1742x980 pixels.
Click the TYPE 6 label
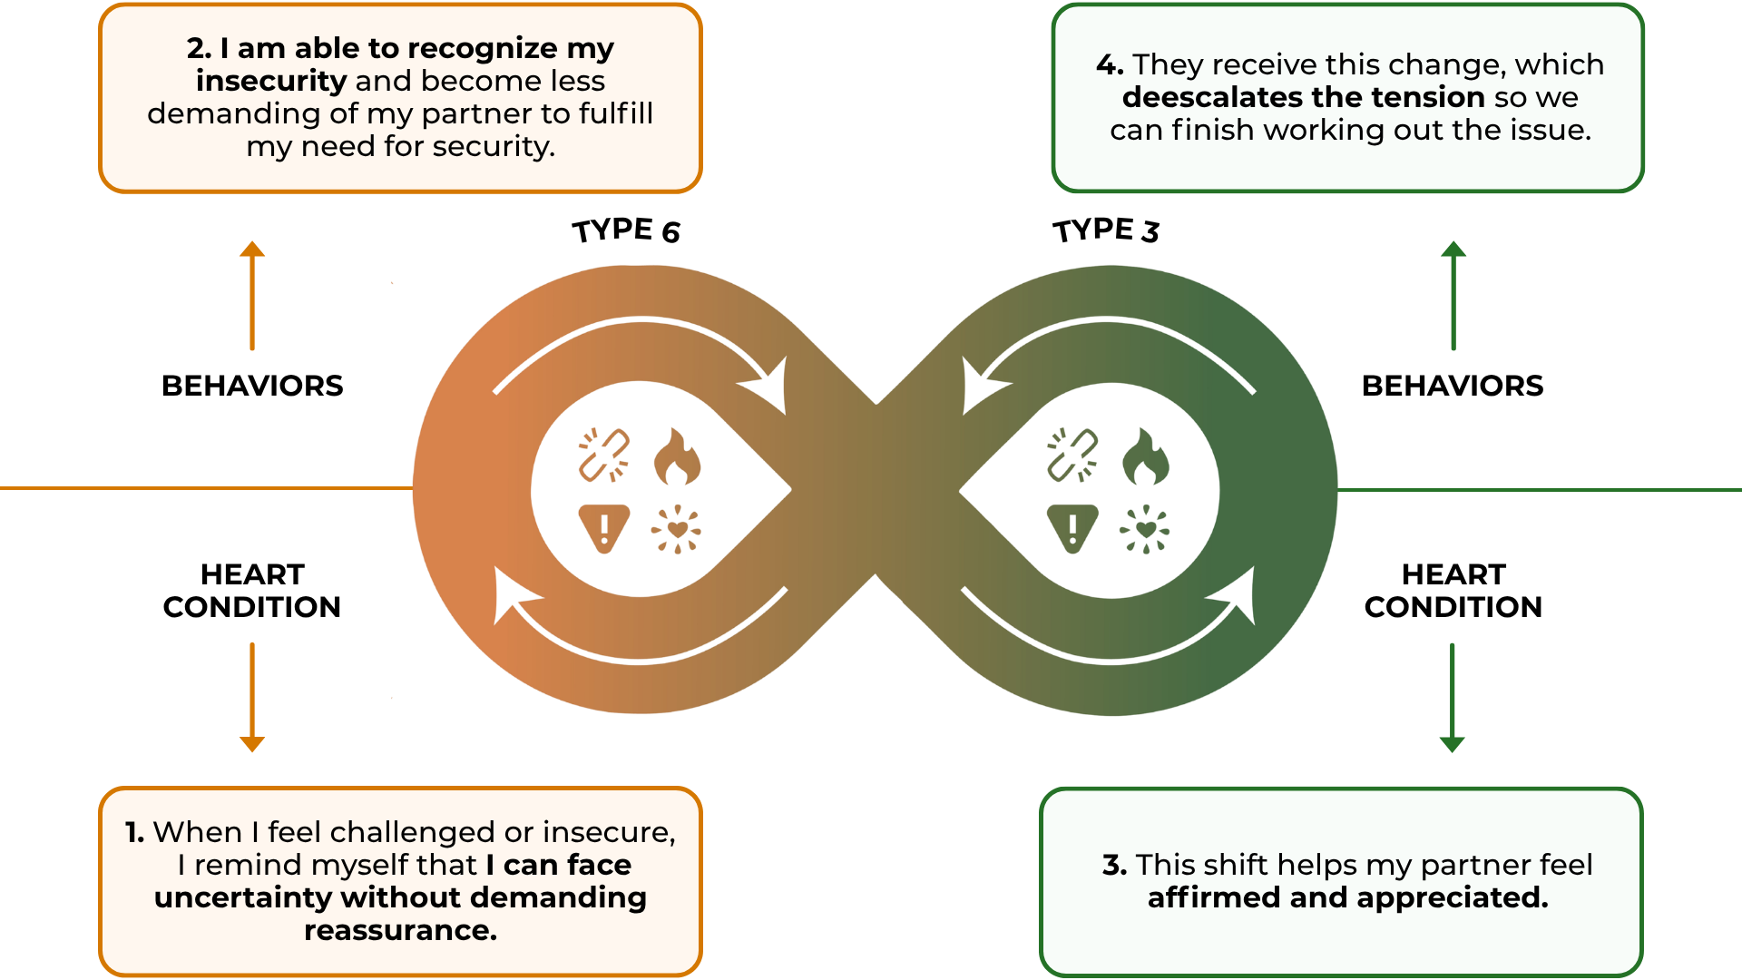(626, 230)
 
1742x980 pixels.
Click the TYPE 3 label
(1106, 230)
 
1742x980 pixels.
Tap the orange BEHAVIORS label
(252, 386)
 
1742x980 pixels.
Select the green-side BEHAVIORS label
(1453, 386)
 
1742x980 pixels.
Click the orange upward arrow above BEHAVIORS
(252, 296)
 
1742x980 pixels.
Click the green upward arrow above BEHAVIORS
(1453, 296)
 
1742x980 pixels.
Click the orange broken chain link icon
(604, 455)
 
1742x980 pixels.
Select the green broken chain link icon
(1072, 455)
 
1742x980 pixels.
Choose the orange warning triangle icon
(603, 527)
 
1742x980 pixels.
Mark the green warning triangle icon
(1072, 527)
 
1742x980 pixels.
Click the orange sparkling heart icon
(677, 529)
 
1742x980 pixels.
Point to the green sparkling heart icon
(1145, 529)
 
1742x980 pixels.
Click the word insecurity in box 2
(271, 81)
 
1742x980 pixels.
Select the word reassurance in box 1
(400, 930)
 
